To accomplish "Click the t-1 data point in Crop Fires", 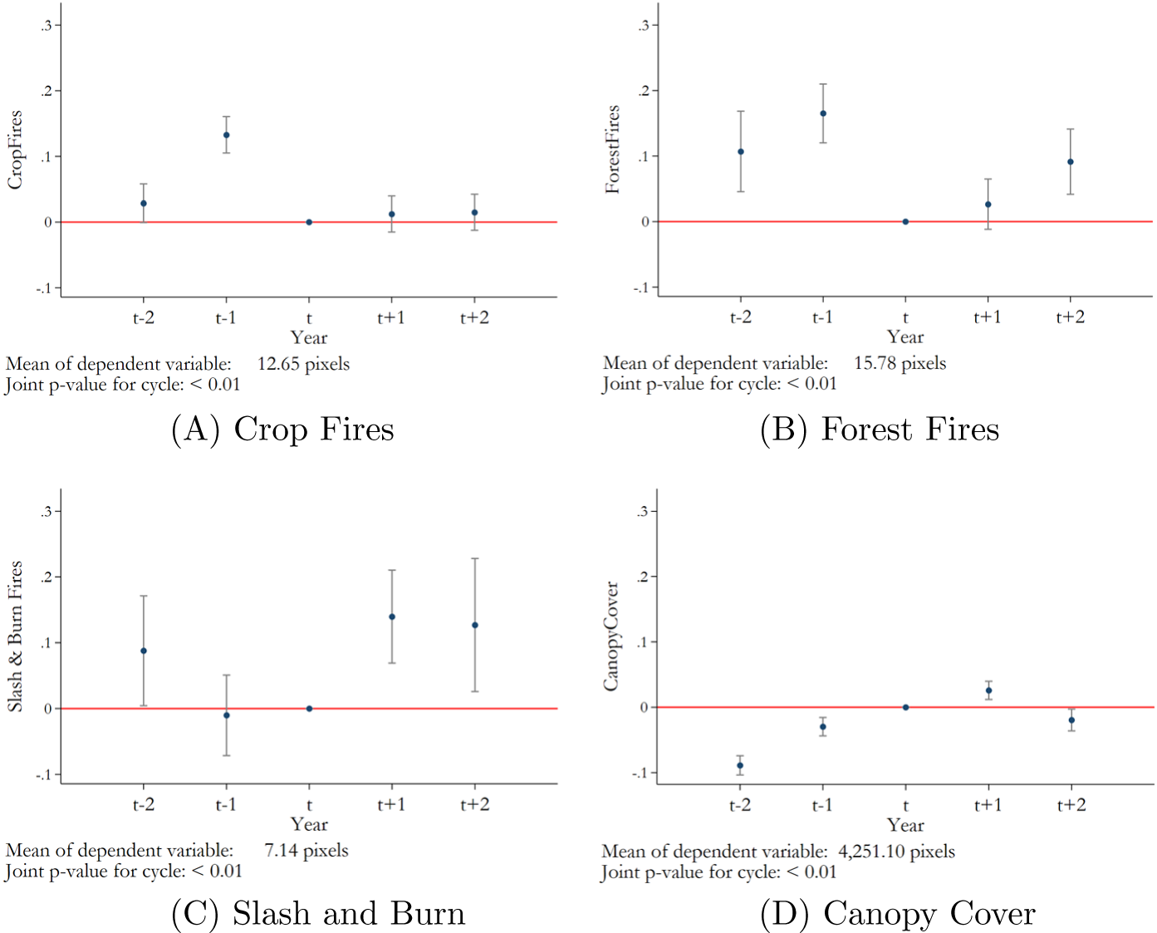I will click(x=226, y=135).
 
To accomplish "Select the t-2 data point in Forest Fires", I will click(x=741, y=152).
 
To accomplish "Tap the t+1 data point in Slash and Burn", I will click(x=392, y=616).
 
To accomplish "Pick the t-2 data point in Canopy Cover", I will click(x=740, y=766).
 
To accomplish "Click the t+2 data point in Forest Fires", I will click(x=1071, y=162).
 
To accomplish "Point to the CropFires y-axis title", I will click(x=15, y=150).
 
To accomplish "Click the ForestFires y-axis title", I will click(x=613, y=150).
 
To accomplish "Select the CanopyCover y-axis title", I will click(x=611, y=636).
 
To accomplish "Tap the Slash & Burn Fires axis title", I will click(x=15, y=636).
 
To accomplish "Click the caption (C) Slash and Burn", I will click(x=318, y=913).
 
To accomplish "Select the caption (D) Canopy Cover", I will click(x=897, y=913).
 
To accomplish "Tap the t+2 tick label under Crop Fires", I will click(x=474, y=317).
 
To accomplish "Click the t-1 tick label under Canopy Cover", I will click(x=822, y=804).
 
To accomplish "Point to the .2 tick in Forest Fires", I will click(x=643, y=91).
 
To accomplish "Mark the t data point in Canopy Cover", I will click(x=905, y=707).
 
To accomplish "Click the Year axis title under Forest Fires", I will click(x=905, y=336).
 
